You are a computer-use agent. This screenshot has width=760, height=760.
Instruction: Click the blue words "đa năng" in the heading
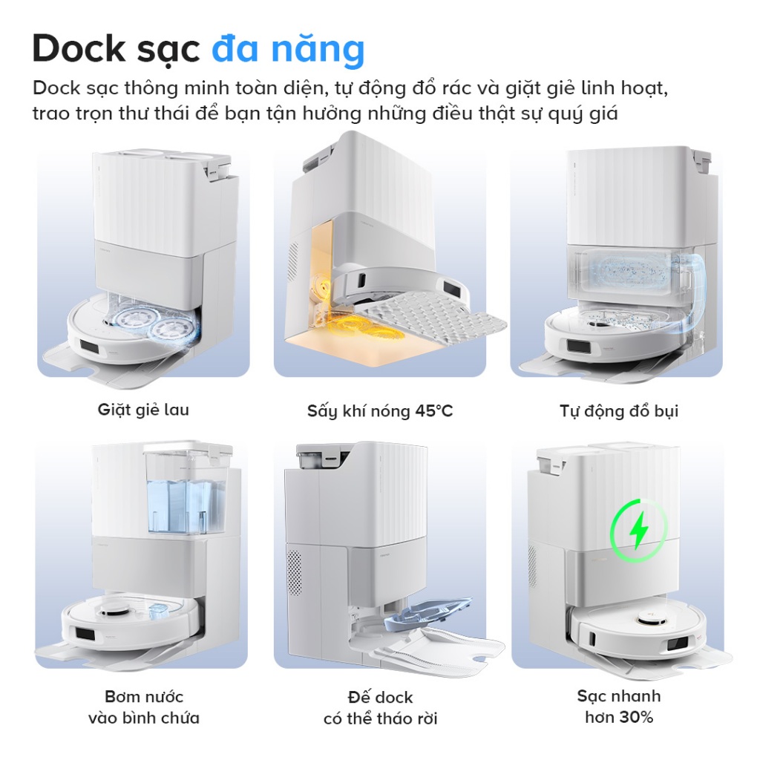pos(288,49)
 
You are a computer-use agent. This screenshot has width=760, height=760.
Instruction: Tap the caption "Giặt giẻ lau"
pos(143,410)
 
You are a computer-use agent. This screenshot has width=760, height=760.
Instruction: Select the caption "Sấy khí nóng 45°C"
pos(380,410)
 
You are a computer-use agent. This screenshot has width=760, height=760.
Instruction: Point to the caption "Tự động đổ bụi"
pos(619,410)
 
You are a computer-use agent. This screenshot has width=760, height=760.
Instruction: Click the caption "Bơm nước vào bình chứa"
pos(143,707)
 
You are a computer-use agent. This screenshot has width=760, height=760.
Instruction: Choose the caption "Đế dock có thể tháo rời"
pos(380,708)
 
